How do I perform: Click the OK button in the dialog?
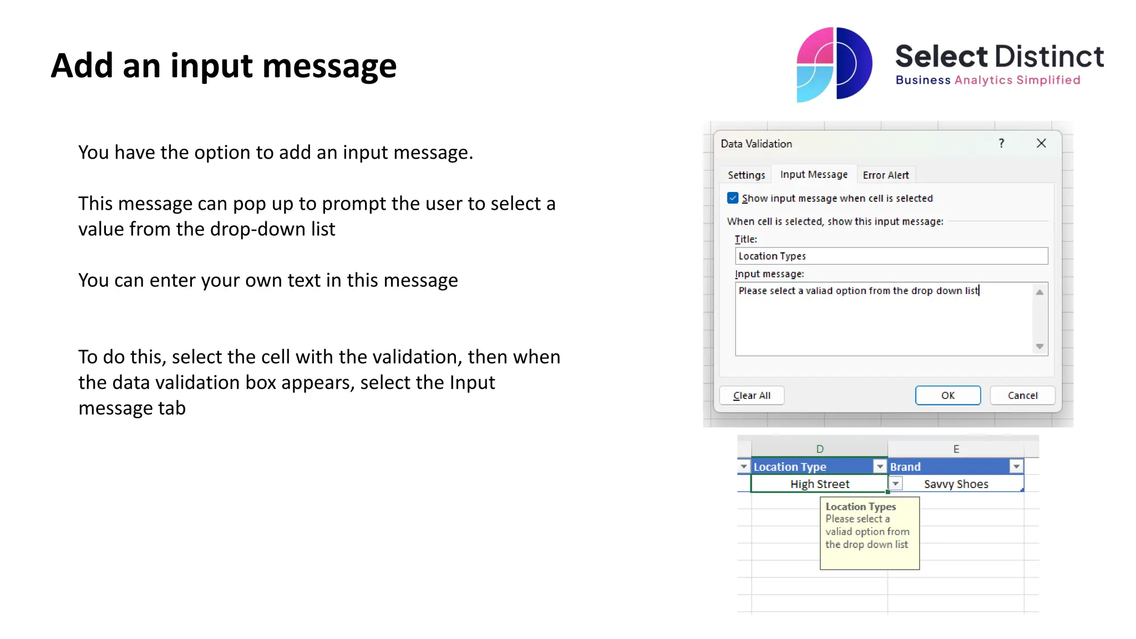pos(947,395)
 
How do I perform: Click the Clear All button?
pos(752,395)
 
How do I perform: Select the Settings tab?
pos(746,175)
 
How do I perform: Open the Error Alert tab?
pos(886,175)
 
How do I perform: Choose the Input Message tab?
pos(814,175)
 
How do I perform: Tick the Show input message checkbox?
pos(733,198)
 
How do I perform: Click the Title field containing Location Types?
pos(891,256)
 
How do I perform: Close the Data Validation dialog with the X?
pos(1041,144)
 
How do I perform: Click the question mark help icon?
pos(1001,144)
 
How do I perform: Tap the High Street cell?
pos(819,484)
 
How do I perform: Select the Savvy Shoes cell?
pos(956,484)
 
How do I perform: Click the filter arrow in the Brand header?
pos(1016,467)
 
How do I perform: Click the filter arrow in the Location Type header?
pos(880,467)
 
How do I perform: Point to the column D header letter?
pos(820,449)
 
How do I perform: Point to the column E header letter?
pos(956,449)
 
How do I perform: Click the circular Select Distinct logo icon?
pos(834,64)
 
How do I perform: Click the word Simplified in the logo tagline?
pos(1048,80)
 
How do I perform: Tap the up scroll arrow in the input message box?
pos(1039,292)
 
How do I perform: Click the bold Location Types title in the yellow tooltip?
pos(860,506)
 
